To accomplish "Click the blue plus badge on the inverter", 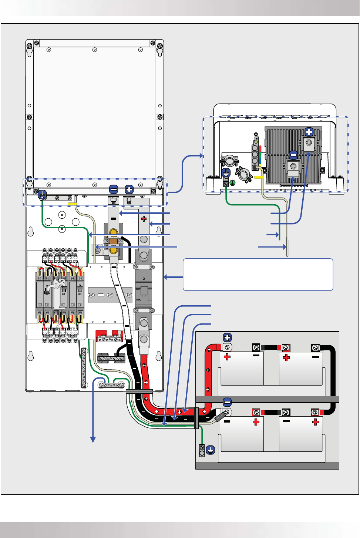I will [309, 132].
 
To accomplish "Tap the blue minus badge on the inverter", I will [293, 155].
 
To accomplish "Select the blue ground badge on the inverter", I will [226, 173].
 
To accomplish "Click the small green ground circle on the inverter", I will [233, 183].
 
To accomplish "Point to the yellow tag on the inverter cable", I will [259, 177].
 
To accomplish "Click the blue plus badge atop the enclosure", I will [129, 189].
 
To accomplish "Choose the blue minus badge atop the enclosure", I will [114, 189].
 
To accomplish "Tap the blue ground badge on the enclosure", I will [43, 194].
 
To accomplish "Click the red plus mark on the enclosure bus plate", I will [144, 219].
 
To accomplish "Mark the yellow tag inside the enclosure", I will [72, 204].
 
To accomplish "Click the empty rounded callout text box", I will [258, 275].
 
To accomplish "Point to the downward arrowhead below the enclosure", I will [93, 439].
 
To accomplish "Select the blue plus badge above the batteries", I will [227, 337].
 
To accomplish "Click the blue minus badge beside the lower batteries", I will [227, 402].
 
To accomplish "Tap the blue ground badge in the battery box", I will [210, 450].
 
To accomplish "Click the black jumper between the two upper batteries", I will [271, 348].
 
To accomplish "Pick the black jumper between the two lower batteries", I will [271, 412].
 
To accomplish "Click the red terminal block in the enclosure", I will [110, 335].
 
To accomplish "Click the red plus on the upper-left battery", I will [227, 357].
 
